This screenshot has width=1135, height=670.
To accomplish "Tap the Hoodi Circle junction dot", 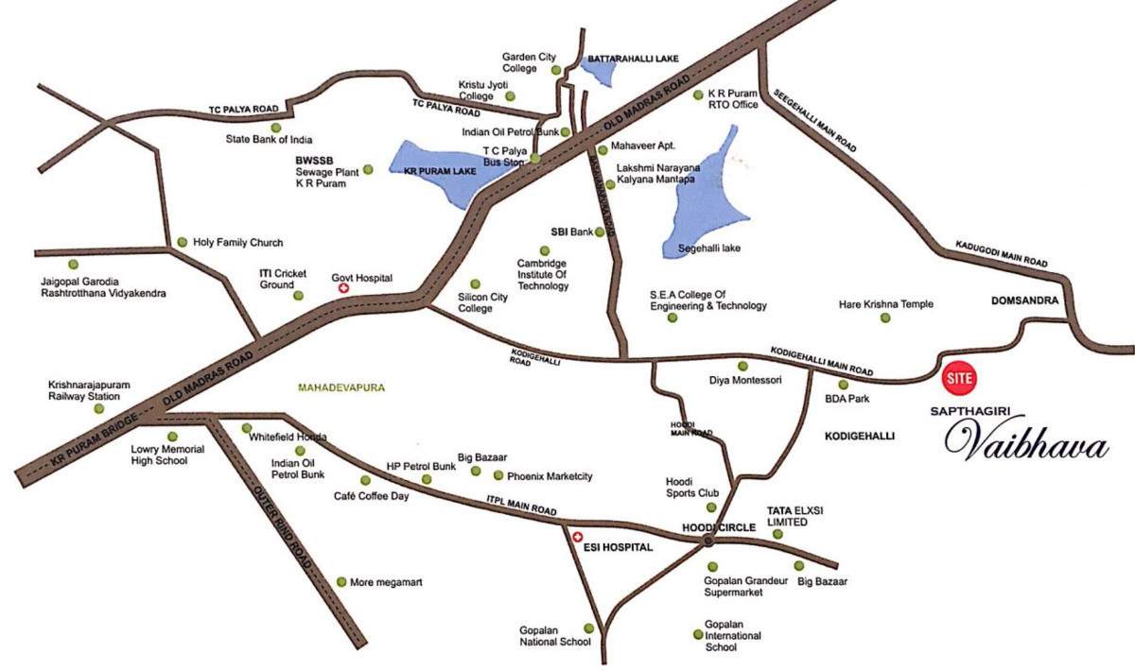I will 707,541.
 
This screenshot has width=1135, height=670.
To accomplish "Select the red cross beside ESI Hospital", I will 579,537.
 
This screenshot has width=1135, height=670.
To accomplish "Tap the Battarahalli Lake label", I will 627,59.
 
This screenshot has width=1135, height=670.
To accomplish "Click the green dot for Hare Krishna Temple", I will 885,318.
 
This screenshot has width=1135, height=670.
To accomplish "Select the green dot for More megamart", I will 341,582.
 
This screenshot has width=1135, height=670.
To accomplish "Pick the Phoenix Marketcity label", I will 550,476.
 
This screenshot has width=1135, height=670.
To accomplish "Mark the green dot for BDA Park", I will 844,385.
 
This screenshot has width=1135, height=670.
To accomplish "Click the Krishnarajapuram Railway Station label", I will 82,390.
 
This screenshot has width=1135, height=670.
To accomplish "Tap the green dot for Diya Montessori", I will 742,366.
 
